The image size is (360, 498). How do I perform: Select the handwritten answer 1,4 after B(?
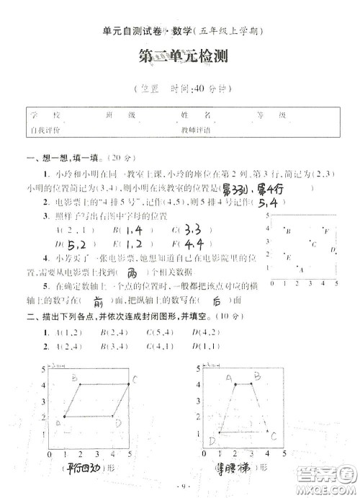[x=130, y=230]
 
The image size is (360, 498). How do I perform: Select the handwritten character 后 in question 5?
[x=217, y=302]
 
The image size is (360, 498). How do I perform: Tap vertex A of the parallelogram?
[x=65, y=417]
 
